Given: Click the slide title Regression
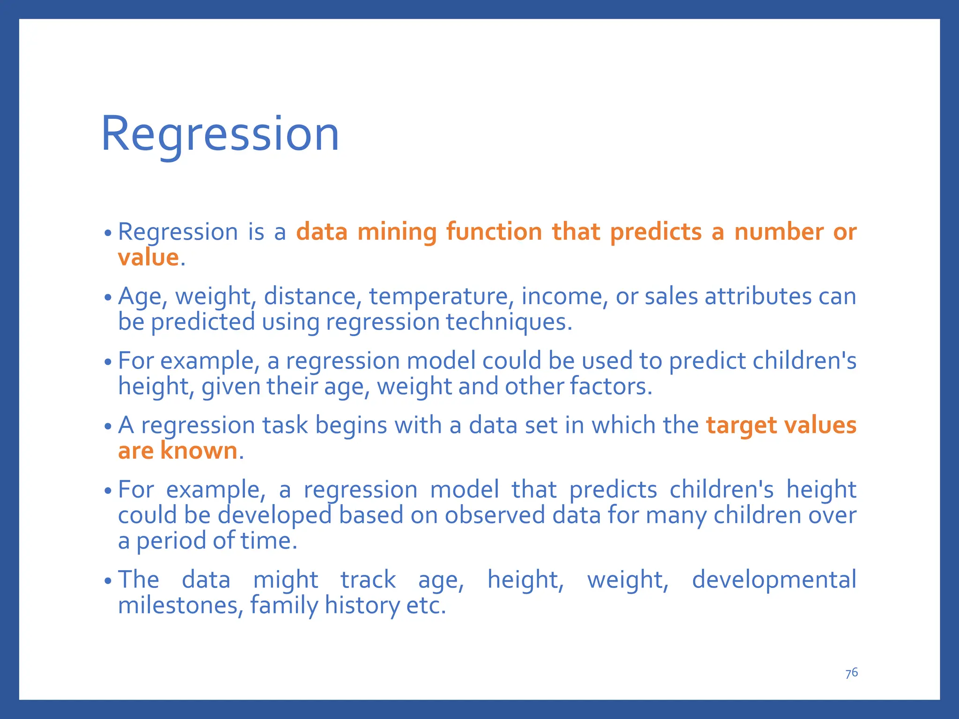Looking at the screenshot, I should coord(220,134).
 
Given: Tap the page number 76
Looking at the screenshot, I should coord(851,673).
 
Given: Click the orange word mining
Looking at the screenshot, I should coord(397,232).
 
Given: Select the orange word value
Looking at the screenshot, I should coord(148,257).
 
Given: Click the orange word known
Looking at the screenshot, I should coord(199,451).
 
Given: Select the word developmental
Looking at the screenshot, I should coord(774,580).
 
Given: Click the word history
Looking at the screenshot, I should coord(362,605).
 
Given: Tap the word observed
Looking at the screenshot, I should coord(494,515).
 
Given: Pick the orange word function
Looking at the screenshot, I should coord(494,232).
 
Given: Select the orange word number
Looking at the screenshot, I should coord(778,232).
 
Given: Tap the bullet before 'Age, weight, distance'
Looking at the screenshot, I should coord(108,298).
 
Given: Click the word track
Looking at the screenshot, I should coord(368,580).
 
